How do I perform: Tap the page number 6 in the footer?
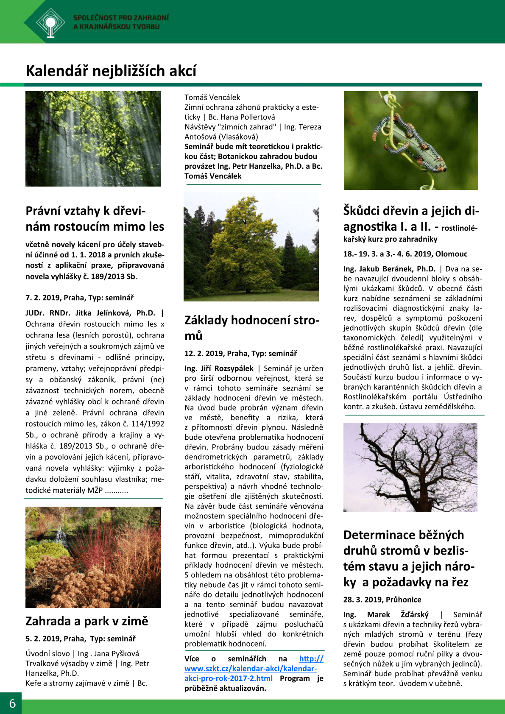(12, 703)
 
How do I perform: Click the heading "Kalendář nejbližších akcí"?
(111, 71)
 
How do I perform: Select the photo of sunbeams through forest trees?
(93, 139)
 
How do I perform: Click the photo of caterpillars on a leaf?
(411, 140)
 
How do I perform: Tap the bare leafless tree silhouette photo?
(410, 467)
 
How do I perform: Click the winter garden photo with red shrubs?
(93, 557)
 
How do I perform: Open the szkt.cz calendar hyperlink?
(250, 669)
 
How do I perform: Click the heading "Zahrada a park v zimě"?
(87, 621)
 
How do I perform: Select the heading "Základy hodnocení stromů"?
(251, 327)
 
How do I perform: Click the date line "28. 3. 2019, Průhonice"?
(382, 600)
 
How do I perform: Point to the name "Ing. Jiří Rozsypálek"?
(219, 368)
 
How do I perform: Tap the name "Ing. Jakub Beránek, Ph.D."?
(389, 269)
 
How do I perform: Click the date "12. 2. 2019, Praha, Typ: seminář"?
(240, 354)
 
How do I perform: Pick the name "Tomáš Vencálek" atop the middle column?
(212, 98)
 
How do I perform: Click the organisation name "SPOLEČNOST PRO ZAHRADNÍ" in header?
(121, 18)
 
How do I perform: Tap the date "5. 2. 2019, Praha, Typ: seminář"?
(81, 639)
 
